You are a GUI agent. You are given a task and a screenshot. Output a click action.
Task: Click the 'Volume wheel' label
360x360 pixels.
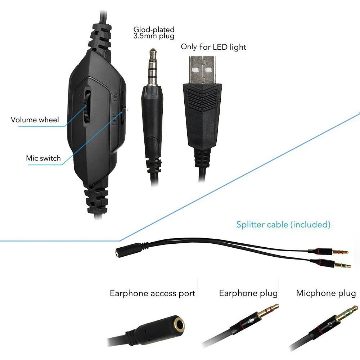(35, 120)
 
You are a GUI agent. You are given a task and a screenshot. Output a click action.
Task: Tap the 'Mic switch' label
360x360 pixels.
(43, 158)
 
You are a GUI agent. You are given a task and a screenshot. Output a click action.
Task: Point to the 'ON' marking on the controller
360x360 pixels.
(116, 97)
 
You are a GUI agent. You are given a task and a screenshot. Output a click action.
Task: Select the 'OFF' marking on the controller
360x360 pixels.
(115, 120)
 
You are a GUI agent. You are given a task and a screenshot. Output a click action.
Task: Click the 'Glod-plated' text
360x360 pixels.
(154, 30)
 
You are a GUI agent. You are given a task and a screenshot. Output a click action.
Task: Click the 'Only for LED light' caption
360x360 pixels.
(213, 47)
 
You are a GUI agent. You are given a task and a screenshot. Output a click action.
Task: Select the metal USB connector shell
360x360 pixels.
(202, 70)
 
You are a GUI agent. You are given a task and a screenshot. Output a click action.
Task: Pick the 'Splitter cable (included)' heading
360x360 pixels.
(283, 225)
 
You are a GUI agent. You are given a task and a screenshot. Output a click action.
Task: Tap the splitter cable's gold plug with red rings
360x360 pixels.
(340, 252)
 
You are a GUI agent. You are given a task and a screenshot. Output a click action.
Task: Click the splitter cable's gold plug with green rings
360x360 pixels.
(342, 266)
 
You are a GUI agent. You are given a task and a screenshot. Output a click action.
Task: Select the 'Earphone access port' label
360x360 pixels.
(152, 293)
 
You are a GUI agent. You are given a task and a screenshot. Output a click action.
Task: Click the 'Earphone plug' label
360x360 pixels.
(248, 293)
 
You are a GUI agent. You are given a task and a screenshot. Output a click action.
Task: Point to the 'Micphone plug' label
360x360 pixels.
(326, 293)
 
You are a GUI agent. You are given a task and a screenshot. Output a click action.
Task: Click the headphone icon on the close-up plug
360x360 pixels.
(330, 324)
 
